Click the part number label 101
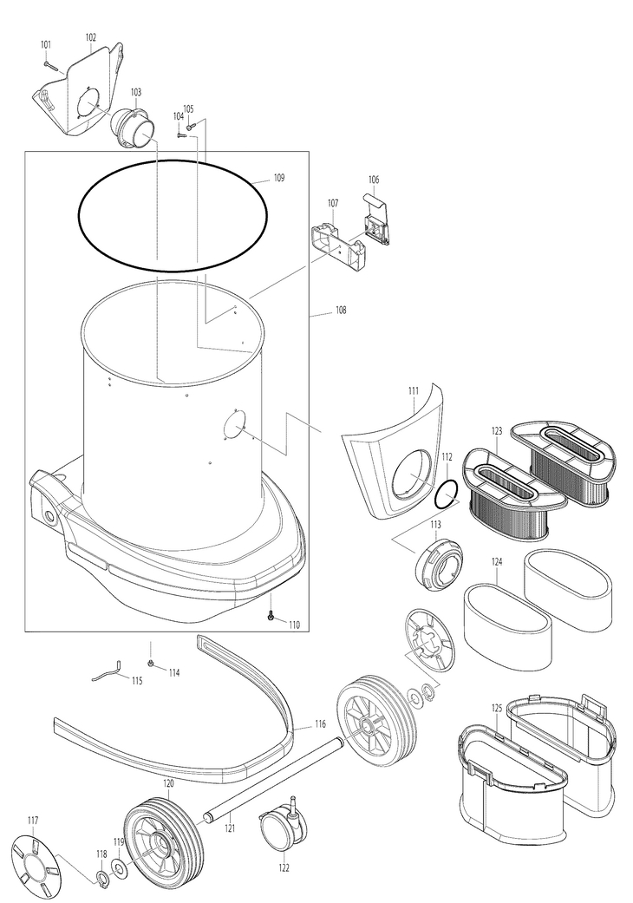click(x=46, y=44)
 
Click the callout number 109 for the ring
click(x=278, y=178)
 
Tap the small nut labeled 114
click(x=152, y=665)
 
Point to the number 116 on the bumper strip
click(x=320, y=723)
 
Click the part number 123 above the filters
click(x=497, y=431)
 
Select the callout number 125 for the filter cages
click(x=497, y=709)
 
